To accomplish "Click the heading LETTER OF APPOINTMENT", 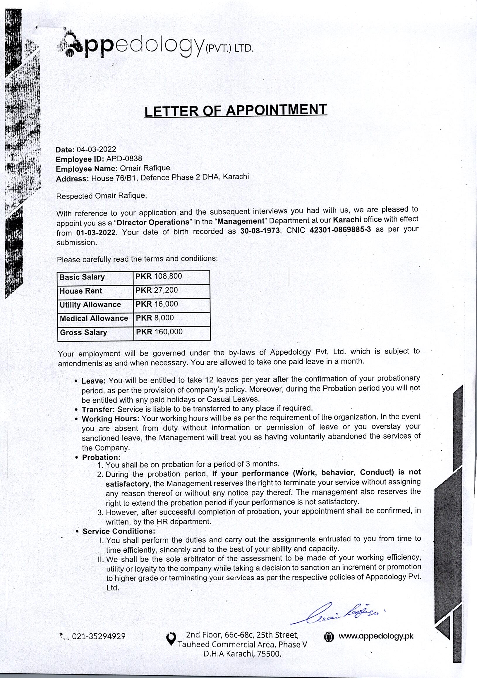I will pos(236,111).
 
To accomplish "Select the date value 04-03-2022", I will pos(96,149).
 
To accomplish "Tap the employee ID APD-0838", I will pos(124,159).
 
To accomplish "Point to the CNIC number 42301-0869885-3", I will pos(340,230).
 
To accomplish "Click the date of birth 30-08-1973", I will pos(260,231).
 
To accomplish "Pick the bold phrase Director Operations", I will pos(153,222).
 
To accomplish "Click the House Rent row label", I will pos(81,291).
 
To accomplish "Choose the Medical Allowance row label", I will pos(94,318).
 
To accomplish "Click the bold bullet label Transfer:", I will pos(98,410).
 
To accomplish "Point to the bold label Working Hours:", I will pos(111,419).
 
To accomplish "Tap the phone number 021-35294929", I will pos(99,636).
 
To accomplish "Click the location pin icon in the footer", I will pos(171,639).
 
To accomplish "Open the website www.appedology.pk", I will pos(376,636).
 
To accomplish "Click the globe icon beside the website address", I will pos(329,637).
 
